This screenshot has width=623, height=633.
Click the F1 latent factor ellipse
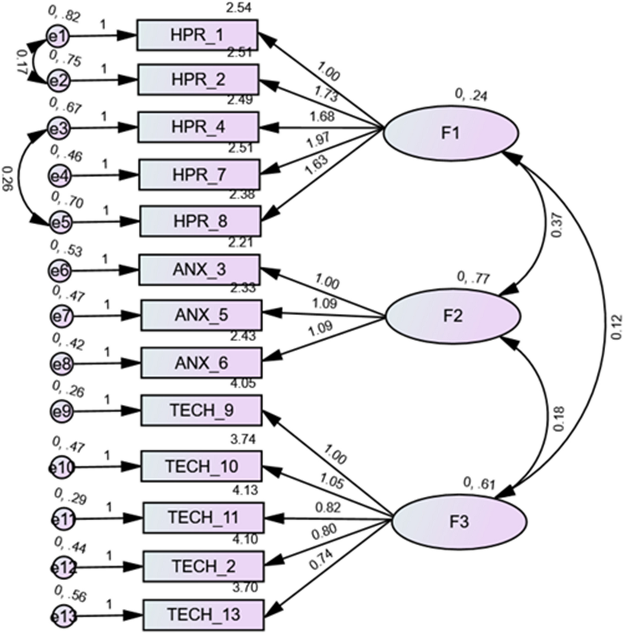point(451,132)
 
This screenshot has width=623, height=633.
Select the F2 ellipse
point(453,316)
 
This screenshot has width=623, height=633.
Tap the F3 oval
point(458,522)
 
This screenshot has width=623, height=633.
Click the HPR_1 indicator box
point(197,35)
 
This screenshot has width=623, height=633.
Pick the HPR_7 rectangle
point(199,175)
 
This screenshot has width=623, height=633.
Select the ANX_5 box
point(201,315)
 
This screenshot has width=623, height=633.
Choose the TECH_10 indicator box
point(202,466)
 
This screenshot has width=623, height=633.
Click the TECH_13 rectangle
point(203,614)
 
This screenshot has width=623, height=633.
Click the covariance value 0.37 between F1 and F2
point(557,225)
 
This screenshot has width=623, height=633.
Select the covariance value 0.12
point(617,327)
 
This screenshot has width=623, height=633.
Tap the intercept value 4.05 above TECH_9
point(243,384)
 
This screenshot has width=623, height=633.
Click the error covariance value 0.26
point(8,178)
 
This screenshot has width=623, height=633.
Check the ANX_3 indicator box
point(200,269)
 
